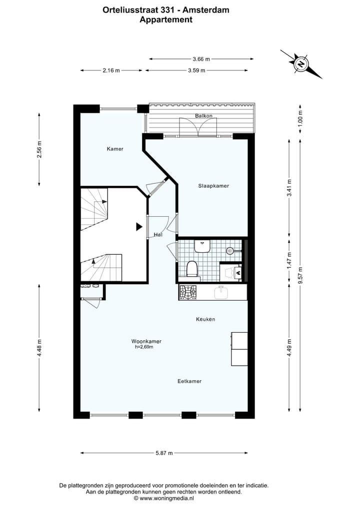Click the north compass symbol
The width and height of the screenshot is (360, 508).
(301, 64)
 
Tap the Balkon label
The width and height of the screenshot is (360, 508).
(203, 116)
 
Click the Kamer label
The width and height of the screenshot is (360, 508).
(115, 149)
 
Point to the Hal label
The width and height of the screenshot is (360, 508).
(158, 235)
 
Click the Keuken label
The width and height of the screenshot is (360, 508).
(205, 319)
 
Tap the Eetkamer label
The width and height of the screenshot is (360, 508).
(189, 381)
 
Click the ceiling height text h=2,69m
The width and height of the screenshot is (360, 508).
(144, 347)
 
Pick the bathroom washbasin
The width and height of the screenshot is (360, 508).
(202, 246)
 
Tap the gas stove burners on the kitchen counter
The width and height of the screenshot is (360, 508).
(188, 292)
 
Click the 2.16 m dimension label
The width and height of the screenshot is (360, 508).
(111, 70)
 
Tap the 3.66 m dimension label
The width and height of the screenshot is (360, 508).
(201, 59)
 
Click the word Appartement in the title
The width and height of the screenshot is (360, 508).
(166, 20)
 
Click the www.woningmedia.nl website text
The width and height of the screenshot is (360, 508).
(167, 498)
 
